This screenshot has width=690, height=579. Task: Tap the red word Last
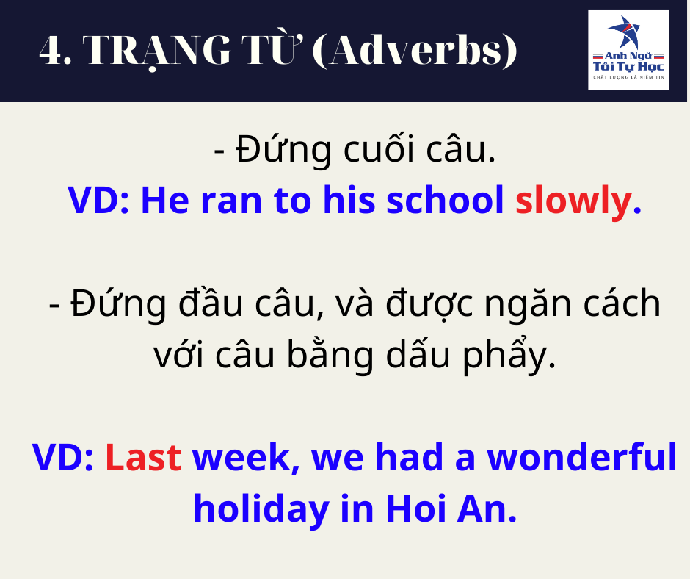click(x=143, y=457)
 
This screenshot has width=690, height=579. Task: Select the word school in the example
click(x=445, y=200)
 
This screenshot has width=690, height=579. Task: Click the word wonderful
click(x=582, y=456)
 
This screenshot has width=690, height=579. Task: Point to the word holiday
click(x=262, y=510)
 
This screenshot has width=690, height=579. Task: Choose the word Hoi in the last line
click(x=416, y=508)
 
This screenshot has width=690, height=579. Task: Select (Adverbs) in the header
click(x=415, y=51)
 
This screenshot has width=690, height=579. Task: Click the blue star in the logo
click(x=625, y=32)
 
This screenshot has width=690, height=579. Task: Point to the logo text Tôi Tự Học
click(x=628, y=67)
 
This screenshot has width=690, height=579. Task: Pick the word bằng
click(x=330, y=354)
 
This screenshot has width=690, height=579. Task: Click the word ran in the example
click(x=231, y=201)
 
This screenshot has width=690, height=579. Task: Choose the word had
click(x=410, y=456)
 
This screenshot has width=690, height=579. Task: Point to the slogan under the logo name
click(x=628, y=78)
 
